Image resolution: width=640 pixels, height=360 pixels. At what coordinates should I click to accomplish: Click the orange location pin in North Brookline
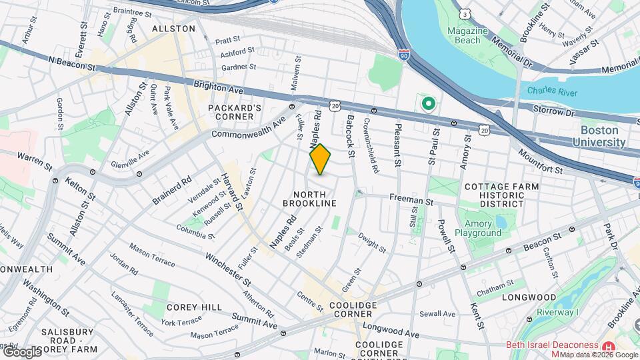[320, 159]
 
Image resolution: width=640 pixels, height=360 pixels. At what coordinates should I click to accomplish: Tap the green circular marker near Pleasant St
[427, 105]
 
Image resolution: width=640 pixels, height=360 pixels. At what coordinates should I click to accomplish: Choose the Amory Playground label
[478, 228]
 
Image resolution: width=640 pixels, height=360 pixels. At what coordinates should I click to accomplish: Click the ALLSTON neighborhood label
[173, 29]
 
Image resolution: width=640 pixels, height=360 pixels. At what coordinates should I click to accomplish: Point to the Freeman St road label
[411, 199]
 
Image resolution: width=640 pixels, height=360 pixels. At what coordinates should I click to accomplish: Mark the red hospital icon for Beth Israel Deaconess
[607, 347]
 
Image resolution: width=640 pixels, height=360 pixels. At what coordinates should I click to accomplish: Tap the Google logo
[21, 351]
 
